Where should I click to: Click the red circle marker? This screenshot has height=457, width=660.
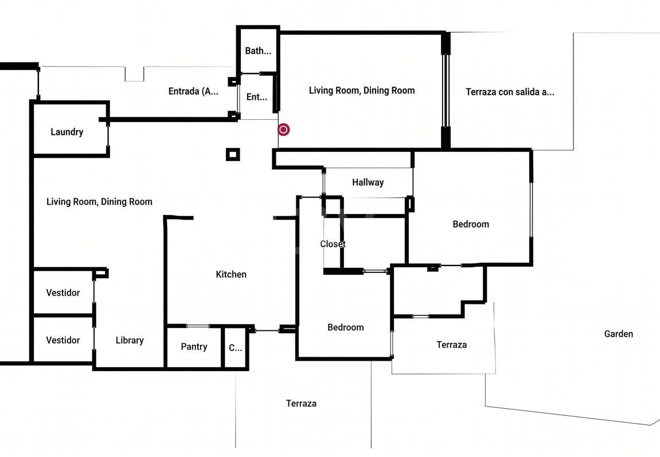click(x=284, y=130)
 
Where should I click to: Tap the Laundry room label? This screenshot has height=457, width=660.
click(x=67, y=132)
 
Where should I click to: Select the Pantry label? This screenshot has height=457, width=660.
click(x=194, y=347)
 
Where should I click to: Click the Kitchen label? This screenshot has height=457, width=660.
click(x=231, y=274)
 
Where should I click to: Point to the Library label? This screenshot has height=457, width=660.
click(x=130, y=341)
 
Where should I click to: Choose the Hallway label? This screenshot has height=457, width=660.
click(x=368, y=182)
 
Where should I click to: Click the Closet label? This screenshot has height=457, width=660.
click(x=333, y=244)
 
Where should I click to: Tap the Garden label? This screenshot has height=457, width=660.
click(x=619, y=334)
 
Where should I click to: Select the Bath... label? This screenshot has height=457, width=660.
click(x=258, y=51)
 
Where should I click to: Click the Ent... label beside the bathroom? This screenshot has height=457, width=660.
click(x=257, y=97)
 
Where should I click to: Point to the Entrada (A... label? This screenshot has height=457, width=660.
click(x=193, y=91)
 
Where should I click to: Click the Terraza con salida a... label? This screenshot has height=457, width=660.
click(x=510, y=92)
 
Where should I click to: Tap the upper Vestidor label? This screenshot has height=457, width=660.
click(x=63, y=293)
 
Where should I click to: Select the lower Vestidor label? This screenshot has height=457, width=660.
click(x=63, y=341)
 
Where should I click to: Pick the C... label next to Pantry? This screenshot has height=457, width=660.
click(x=236, y=348)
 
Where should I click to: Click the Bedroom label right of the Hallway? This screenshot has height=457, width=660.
click(x=471, y=224)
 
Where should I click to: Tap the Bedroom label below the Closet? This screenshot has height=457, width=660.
click(x=346, y=327)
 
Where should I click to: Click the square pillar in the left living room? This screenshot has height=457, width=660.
click(x=233, y=154)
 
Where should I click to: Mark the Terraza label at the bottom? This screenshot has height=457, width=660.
click(x=302, y=404)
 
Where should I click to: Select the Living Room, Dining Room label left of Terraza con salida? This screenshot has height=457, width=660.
click(x=362, y=91)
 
